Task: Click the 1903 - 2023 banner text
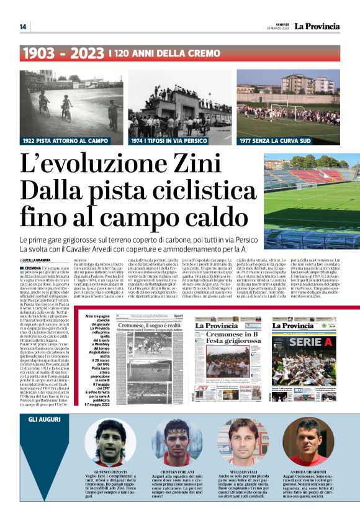coord(62,54)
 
